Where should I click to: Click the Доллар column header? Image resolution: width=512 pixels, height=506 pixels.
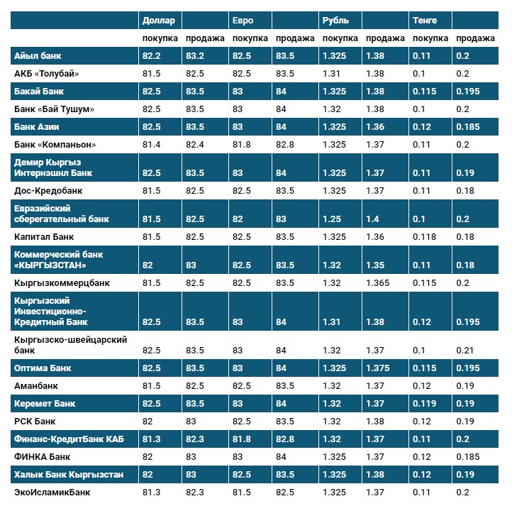[x=158, y=21]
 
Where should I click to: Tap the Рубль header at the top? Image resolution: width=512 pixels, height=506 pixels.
[x=335, y=21]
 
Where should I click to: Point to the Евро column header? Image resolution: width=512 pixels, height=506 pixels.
[x=243, y=21]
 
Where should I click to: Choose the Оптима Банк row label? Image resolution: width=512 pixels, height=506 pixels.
[x=43, y=368]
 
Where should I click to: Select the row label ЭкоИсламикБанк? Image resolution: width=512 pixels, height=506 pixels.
[x=52, y=493]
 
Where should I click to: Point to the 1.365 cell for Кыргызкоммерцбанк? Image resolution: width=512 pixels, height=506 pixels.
[x=379, y=283]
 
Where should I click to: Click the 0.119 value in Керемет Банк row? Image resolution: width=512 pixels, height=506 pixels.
[x=424, y=404]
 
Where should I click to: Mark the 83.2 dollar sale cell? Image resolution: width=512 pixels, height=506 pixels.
[x=195, y=56]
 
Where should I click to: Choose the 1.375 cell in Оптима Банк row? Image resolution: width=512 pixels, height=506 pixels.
[x=379, y=368]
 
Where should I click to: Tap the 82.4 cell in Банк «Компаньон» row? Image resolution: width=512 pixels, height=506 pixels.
[x=195, y=145]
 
